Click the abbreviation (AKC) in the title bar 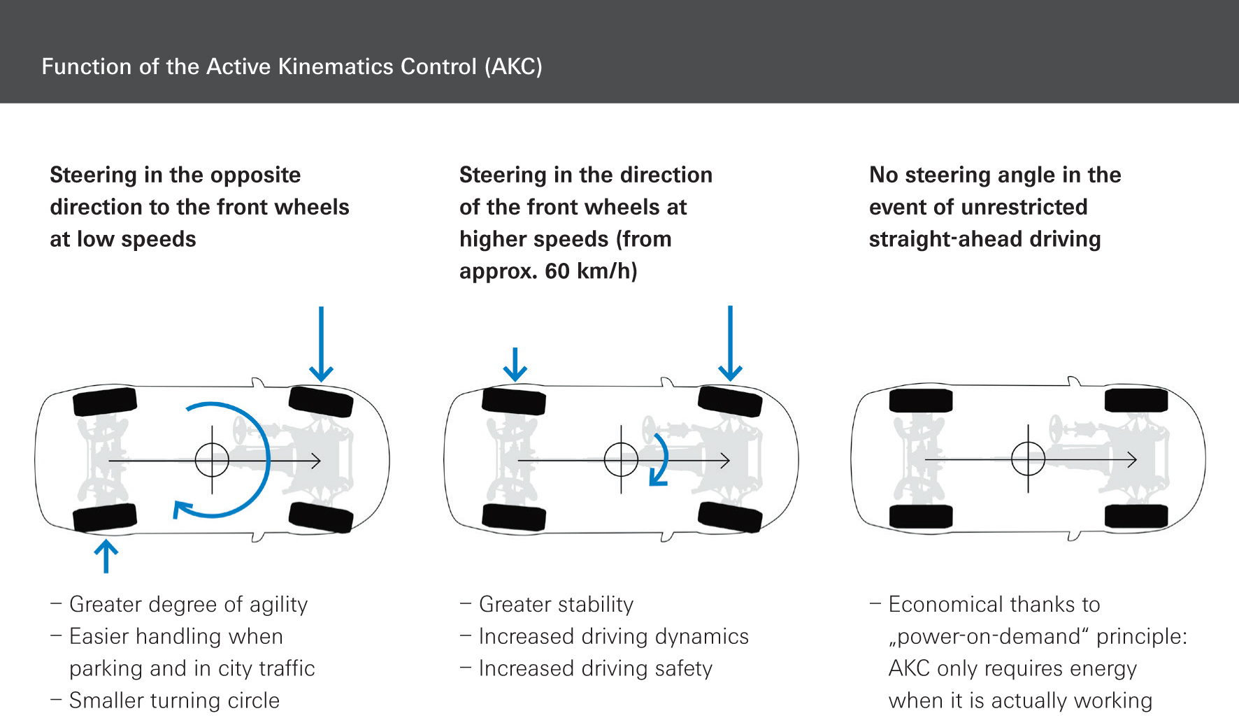pyautogui.click(x=513, y=66)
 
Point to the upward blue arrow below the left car pyautogui.click(x=106, y=556)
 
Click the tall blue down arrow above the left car pyautogui.click(x=321, y=343)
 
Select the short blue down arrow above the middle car pyautogui.click(x=515, y=364)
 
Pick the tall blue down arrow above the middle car pyautogui.click(x=730, y=343)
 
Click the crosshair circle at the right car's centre pyautogui.click(x=1028, y=459)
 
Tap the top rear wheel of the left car pyautogui.click(x=104, y=401)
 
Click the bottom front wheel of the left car pyautogui.click(x=320, y=517)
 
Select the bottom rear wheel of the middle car pyautogui.click(x=514, y=517)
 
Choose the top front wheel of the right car pyautogui.click(x=1136, y=401)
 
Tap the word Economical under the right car pyautogui.click(x=944, y=605)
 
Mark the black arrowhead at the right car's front pyautogui.click(x=1132, y=459)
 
